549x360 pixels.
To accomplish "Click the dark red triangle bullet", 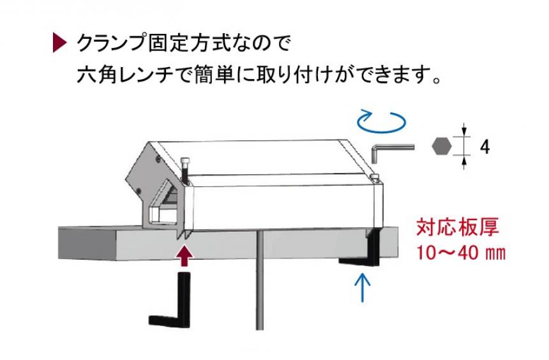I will pyautogui.click(x=58, y=44).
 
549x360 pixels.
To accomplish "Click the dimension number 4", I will pyautogui.click(x=485, y=147).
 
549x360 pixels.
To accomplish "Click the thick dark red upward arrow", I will pyautogui.click(x=184, y=255).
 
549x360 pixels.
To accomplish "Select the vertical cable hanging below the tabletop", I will pyautogui.click(x=260, y=281).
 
